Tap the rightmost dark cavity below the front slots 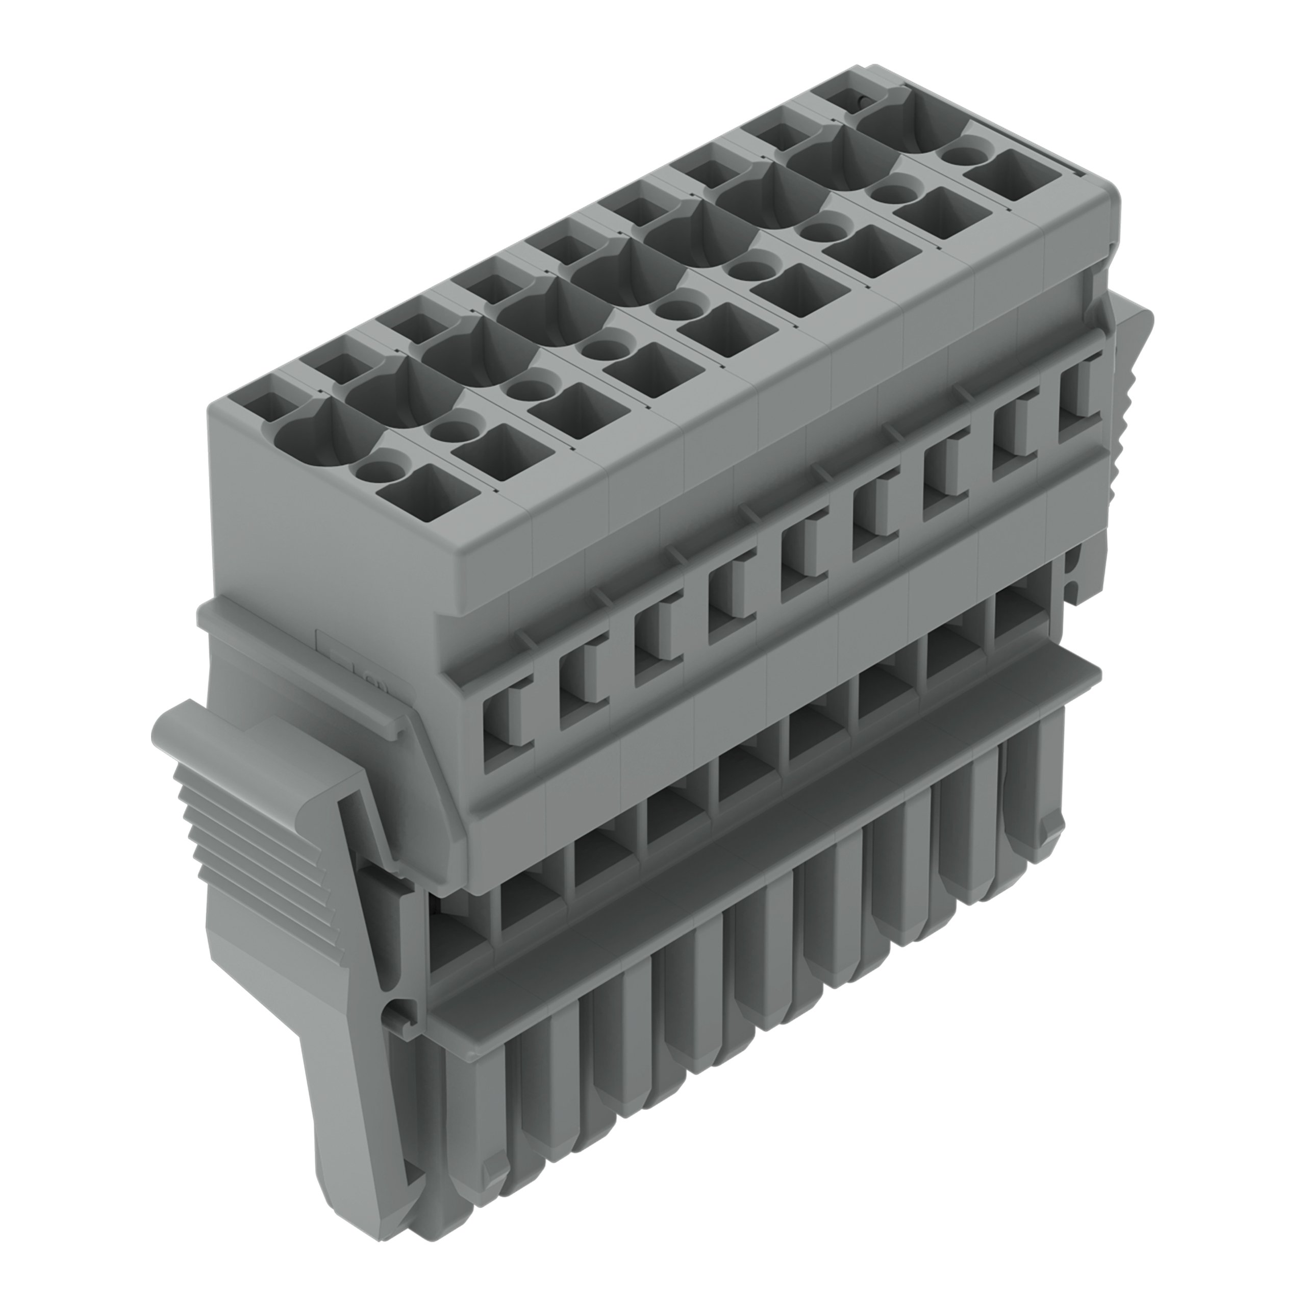click(x=1014, y=612)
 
